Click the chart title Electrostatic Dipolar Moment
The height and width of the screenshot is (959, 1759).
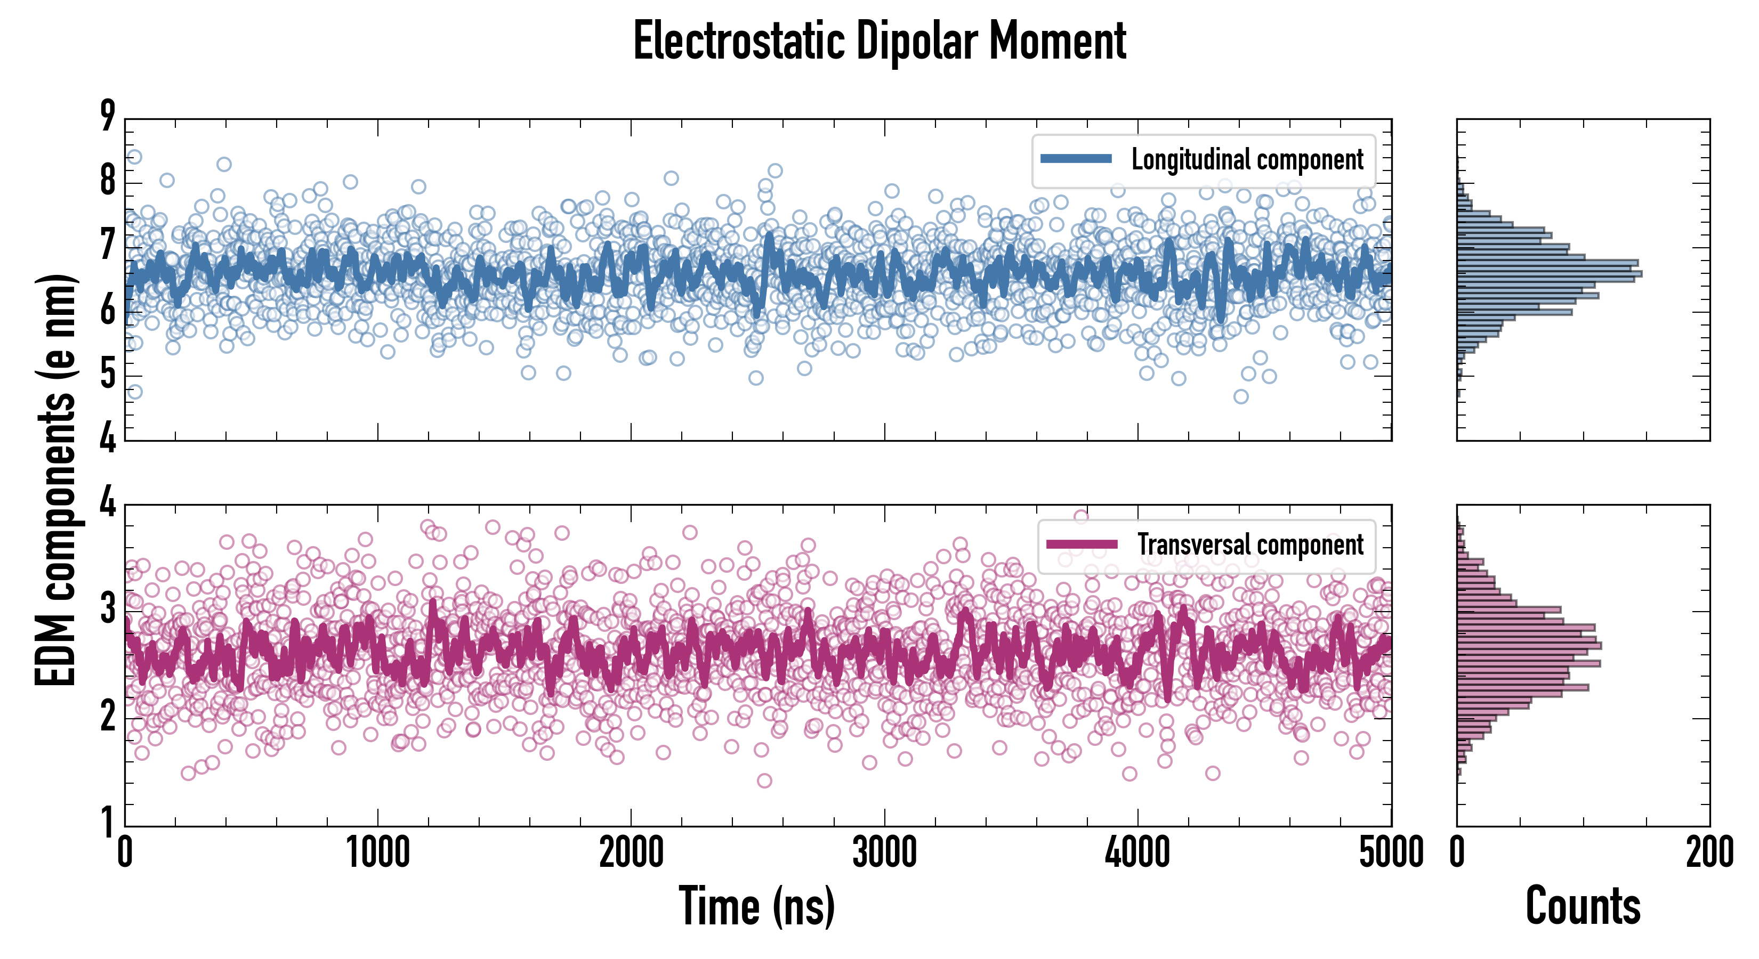tap(880, 41)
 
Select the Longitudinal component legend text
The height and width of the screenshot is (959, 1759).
tap(1247, 160)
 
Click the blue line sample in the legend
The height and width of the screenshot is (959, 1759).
tap(1076, 159)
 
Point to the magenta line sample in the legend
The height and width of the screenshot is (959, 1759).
tap(1082, 544)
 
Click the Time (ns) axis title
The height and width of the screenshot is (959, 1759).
tap(756, 906)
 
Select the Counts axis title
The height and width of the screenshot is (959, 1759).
tap(1583, 906)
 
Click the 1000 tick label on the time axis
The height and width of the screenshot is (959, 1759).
tap(377, 852)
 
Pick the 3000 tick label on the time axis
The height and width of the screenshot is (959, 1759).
tap(884, 852)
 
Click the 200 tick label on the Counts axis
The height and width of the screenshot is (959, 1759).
tap(1709, 852)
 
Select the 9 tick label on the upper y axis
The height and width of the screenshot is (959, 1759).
tap(108, 116)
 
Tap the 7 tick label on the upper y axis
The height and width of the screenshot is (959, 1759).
tap(108, 246)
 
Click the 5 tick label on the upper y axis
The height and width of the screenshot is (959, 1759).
tap(108, 375)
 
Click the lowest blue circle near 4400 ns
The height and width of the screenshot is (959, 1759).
tap(1241, 396)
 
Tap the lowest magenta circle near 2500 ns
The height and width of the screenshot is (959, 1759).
tap(764, 780)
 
